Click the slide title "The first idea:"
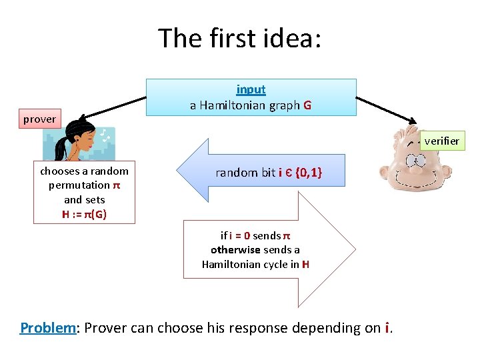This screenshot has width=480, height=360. pyautogui.click(x=240, y=38)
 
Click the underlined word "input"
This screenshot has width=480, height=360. pyautogui.click(x=251, y=89)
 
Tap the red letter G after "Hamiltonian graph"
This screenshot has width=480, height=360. pyautogui.click(x=307, y=105)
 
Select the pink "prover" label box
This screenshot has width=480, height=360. pyautogui.click(x=40, y=119)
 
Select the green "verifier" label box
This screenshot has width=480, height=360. pyautogui.click(x=441, y=141)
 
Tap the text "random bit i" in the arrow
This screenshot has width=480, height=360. pyautogui.click(x=249, y=173)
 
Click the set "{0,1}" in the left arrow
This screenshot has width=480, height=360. pyautogui.click(x=309, y=173)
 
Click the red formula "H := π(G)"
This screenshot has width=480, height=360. pyautogui.click(x=84, y=214)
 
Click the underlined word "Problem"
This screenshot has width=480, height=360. pyautogui.click(x=49, y=328)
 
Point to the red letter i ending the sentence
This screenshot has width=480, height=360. pyautogui.click(x=387, y=328)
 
